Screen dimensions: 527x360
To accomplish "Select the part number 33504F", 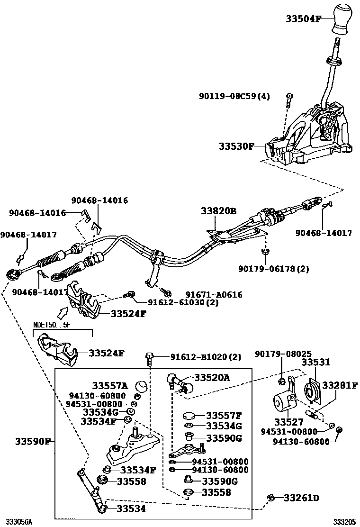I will pyautogui.click(x=303, y=19).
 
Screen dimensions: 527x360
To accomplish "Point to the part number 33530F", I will pyautogui.click(x=236, y=146).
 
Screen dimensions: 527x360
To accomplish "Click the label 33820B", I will pyautogui.click(x=218, y=211).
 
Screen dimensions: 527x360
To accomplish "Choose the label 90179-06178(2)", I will pyautogui.click(x=274, y=269).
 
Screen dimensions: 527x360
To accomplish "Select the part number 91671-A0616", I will pyautogui.click(x=208, y=294).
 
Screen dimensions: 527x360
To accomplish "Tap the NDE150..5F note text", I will pyautogui.click(x=51, y=325).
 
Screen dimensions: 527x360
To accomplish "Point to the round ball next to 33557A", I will pyautogui.click(x=141, y=385).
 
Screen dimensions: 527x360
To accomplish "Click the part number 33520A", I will pyautogui.click(x=211, y=377).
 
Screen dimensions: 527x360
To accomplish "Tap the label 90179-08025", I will pyautogui.click(x=277, y=354).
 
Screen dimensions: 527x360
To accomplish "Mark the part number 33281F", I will pyautogui.click(x=340, y=385).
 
